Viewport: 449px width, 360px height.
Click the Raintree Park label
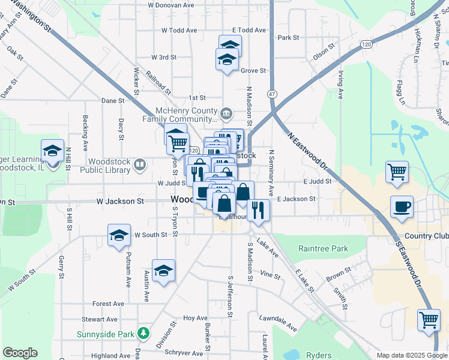[323, 248]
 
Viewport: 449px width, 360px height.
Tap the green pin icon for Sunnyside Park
[143, 333]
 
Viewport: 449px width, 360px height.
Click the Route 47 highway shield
[273, 94]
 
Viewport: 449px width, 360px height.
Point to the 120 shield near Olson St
[366, 45]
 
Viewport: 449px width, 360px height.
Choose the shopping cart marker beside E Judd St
[397, 172]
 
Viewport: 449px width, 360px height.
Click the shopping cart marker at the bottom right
[429, 320]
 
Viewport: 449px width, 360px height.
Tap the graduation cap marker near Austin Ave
[163, 271]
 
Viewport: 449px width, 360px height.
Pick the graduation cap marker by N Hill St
[52, 151]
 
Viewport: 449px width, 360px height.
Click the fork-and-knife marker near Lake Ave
[258, 210]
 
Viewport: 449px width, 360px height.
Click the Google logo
[20, 353]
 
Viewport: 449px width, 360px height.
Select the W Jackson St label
[120, 202]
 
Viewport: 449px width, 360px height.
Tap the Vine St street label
[270, 276]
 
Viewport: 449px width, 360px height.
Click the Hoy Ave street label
[195, 318]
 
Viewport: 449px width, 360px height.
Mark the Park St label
[288, 37]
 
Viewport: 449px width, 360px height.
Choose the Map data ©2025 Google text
[412, 355]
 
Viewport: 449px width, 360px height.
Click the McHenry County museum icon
[226, 113]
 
